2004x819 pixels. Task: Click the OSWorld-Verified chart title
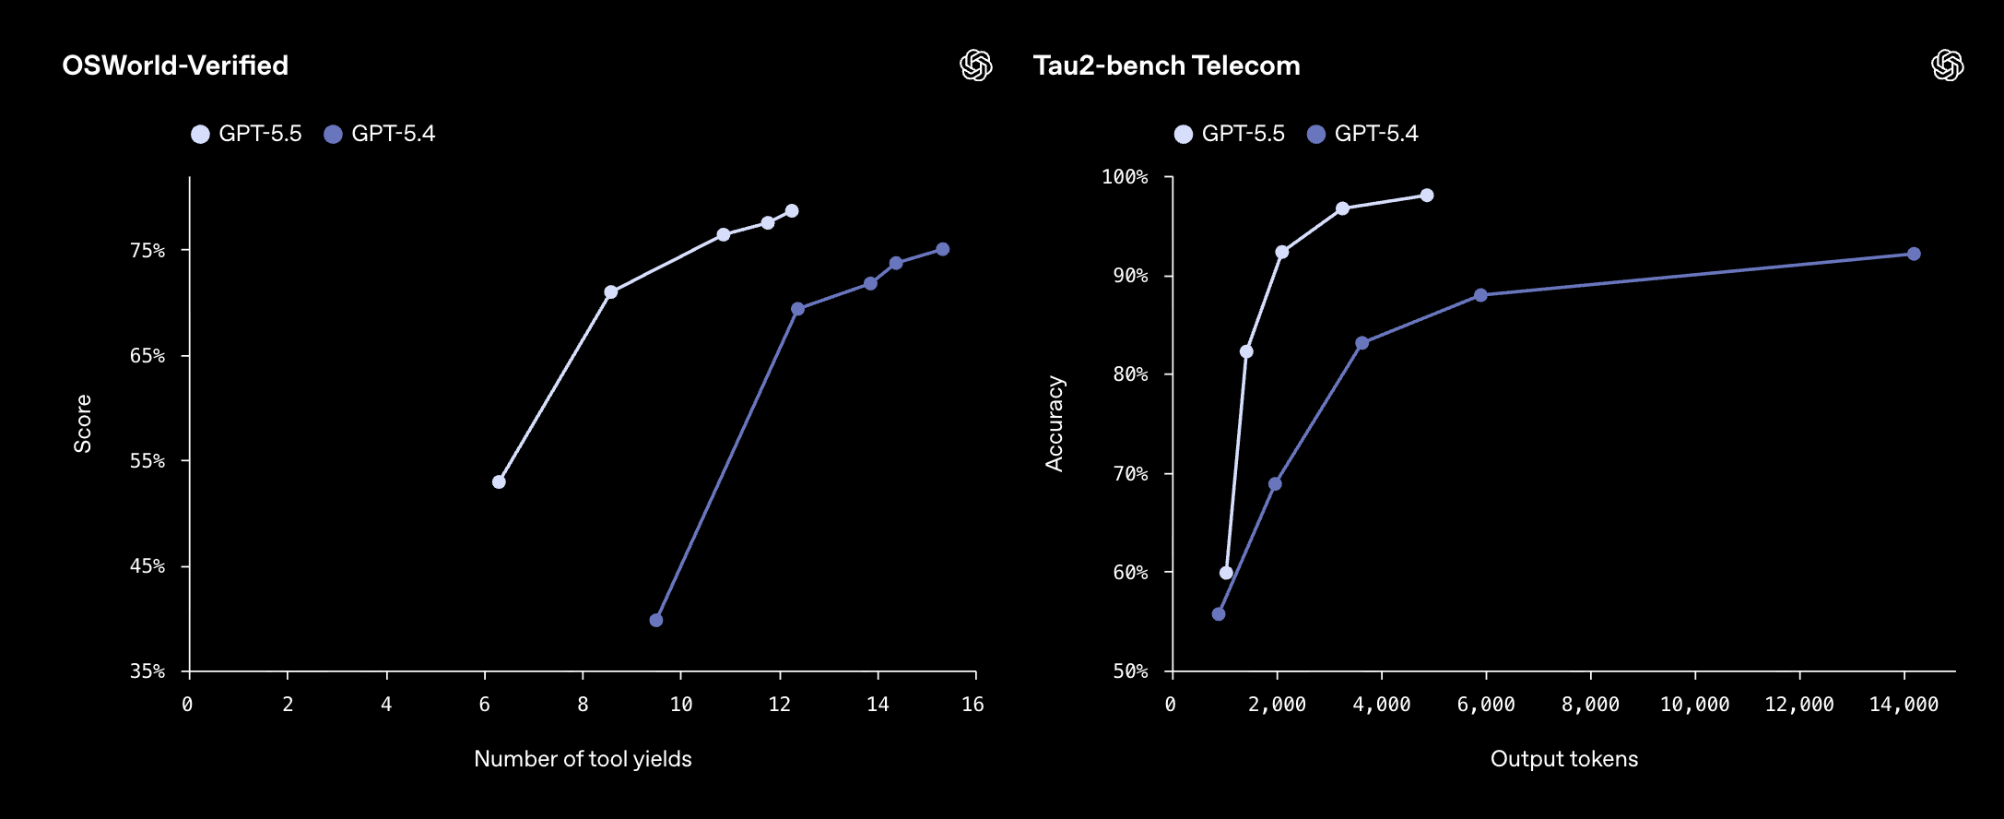pyautogui.click(x=175, y=65)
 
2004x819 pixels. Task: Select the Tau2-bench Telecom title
pyautogui.click(x=1166, y=65)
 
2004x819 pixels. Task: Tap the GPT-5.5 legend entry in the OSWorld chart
pyautogui.click(x=247, y=134)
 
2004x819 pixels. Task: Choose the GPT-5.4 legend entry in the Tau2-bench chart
pyautogui.click(x=1363, y=134)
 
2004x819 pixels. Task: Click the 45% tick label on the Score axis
pyautogui.click(x=147, y=566)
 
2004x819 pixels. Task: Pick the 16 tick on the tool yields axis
pyautogui.click(x=973, y=705)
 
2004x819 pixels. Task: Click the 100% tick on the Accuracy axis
pyautogui.click(x=1125, y=177)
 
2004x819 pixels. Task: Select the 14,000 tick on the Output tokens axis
pyautogui.click(x=1904, y=705)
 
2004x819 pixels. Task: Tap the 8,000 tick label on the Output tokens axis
pyautogui.click(x=1590, y=705)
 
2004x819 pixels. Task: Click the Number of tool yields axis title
pyautogui.click(x=583, y=759)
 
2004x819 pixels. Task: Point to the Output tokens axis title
pyautogui.click(x=1564, y=759)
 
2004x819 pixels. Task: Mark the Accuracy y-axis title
pyautogui.click(x=1055, y=424)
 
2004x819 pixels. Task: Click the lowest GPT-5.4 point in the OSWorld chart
pyautogui.click(x=656, y=621)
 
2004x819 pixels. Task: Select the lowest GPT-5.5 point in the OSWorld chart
pyautogui.click(x=499, y=482)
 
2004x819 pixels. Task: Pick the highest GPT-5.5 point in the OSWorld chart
pyautogui.click(x=792, y=211)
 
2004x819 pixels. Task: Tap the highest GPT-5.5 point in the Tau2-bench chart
pyautogui.click(x=1427, y=196)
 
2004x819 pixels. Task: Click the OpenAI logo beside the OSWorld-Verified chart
pyautogui.click(x=976, y=65)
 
